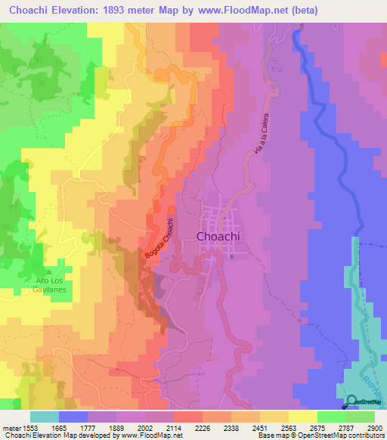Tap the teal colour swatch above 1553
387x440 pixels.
tap(45, 417)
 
